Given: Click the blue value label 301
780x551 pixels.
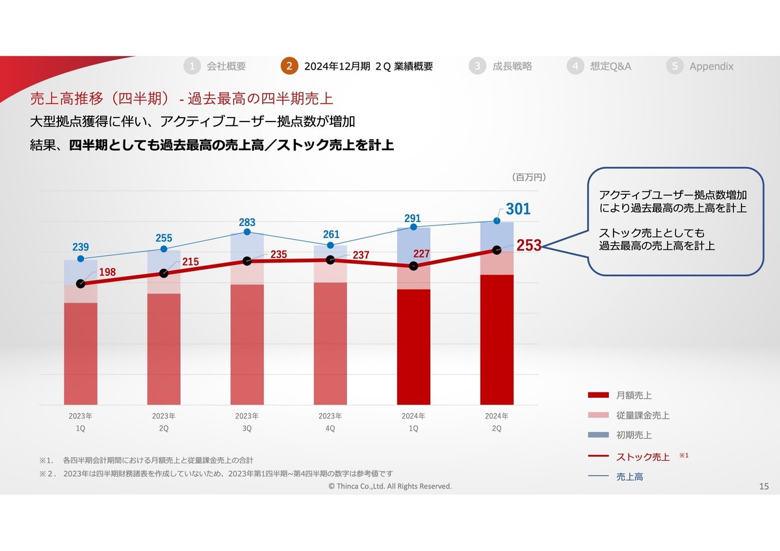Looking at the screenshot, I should click(518, 209).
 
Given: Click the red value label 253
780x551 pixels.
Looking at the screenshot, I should click(528, 246).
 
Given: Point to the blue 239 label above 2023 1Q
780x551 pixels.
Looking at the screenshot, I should click(81, 247).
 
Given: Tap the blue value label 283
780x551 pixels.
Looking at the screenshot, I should click(247, 223).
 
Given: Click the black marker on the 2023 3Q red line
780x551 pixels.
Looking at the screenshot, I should click(247, 261).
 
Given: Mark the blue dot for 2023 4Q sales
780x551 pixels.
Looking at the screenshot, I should click(330, 246).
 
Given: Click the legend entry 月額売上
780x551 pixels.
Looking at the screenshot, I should click(634, 395).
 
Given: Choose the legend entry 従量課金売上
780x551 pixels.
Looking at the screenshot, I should click(642, 415).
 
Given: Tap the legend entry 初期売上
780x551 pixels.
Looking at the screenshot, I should click(634, 435).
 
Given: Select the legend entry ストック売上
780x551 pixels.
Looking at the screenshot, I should click(642, 457).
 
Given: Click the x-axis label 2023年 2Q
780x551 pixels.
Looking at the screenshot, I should click(164, 422).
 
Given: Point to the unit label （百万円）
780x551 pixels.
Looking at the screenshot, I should click(528, 177).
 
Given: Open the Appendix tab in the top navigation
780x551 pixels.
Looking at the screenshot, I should click(711, 66).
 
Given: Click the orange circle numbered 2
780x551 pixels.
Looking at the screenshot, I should click(289, 66).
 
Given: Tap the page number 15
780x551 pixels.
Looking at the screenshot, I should click(764, 487).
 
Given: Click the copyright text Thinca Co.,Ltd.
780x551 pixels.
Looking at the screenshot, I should click(390, 486).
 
